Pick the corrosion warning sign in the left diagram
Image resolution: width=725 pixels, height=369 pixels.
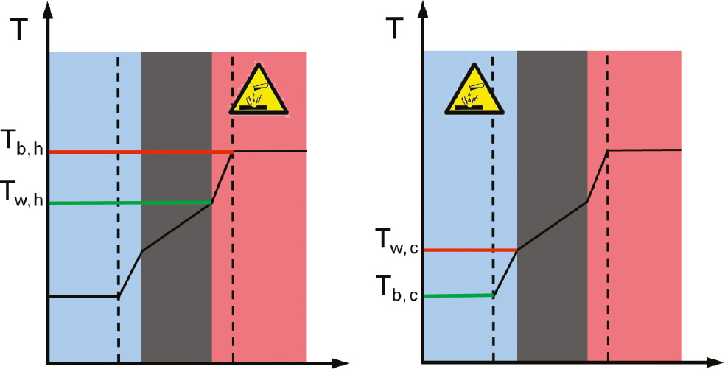pos(259,94)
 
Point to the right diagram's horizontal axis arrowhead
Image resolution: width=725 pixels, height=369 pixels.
pos(715,362)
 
